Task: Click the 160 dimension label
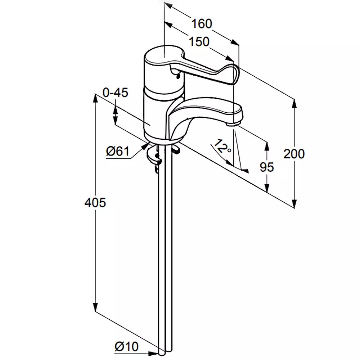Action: click(202, 24)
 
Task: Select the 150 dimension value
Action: click(199, 42)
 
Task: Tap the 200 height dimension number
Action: click(294, 154)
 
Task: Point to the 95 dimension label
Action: click(267, 167)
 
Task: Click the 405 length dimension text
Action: click(95, 203)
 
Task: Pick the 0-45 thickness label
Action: click(115, 93)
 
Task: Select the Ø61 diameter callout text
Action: click(118, 152)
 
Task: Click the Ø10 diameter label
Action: click(126, 347)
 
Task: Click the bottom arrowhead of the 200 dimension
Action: click(294, 203)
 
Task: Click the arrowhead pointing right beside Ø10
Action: click(153, 354)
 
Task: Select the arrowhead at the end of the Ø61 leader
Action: click(146, 145)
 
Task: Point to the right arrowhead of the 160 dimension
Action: click(235, 42)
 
